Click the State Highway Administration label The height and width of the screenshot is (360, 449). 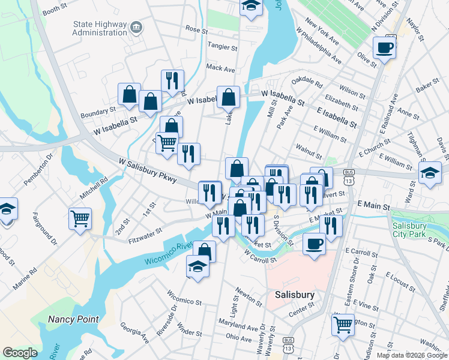99,28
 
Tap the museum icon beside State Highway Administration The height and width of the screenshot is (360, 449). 137,27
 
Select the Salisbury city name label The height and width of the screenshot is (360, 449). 295,295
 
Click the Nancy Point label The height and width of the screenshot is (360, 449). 74,319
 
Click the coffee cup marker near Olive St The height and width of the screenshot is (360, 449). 384,48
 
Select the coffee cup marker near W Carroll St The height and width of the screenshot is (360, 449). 314,244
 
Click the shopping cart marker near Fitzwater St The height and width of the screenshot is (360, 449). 80,218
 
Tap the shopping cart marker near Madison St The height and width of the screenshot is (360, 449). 343,325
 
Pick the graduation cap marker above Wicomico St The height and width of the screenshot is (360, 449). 197,265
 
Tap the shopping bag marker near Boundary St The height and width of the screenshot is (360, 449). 129,94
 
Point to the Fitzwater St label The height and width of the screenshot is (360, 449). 145,234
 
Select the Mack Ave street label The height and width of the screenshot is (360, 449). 219,68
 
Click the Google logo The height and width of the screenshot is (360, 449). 20,353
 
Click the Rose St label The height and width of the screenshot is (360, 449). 196,29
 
